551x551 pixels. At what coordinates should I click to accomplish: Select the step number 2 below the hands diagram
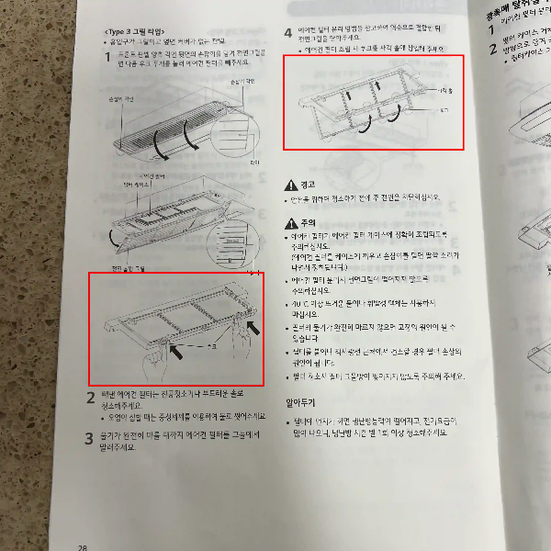point(91,397)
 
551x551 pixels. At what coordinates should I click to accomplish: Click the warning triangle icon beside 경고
point(291,185)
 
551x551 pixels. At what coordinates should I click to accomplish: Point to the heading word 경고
point(309,185)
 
